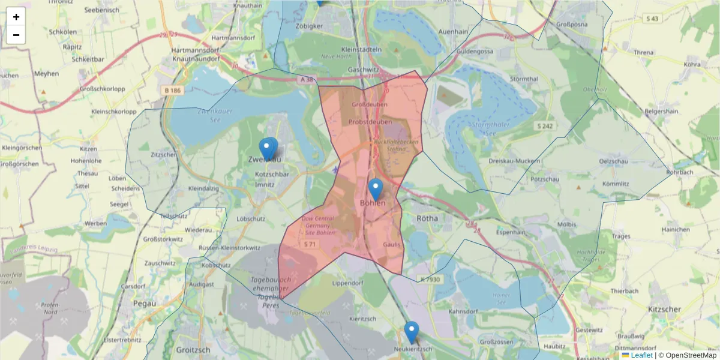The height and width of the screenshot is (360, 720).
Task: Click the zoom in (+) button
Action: point(16,17)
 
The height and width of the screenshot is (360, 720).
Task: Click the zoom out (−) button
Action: point(16,35)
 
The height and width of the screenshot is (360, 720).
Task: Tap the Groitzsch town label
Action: point(193,349)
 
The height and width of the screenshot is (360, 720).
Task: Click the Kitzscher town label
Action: point(664,309)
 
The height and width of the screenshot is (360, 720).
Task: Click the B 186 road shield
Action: point(172,91)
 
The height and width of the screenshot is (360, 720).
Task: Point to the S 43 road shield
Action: point(652,19)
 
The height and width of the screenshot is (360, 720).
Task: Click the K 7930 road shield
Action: point(430,279)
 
